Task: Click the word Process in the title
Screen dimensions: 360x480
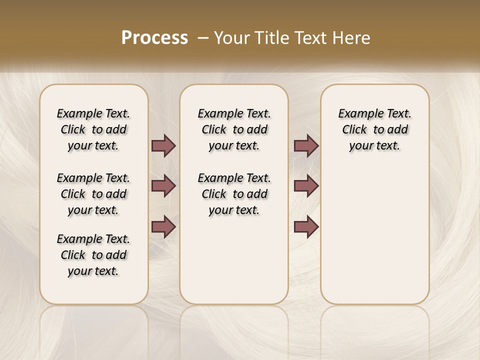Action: point(154,37)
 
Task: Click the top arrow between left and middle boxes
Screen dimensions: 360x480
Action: point(163,145)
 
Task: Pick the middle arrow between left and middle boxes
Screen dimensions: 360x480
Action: point(163,186)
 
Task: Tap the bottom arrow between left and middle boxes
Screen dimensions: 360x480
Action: point(163,227)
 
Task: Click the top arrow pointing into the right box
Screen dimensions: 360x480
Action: point(306,145)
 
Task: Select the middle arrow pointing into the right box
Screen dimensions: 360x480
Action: point(306,186)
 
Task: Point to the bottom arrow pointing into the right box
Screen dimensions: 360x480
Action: point(306,227)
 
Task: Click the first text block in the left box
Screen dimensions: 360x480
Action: point(93,129)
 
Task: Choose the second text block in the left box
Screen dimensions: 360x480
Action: point(93,194)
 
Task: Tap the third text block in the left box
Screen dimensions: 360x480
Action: point(93,255)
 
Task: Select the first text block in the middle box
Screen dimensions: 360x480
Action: point(234,129)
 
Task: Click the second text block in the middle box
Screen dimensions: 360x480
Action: point(234,194)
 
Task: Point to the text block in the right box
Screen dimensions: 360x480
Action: point(374,129)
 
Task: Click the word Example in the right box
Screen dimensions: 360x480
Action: point(359,114)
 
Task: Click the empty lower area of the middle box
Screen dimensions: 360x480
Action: point(234,260)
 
